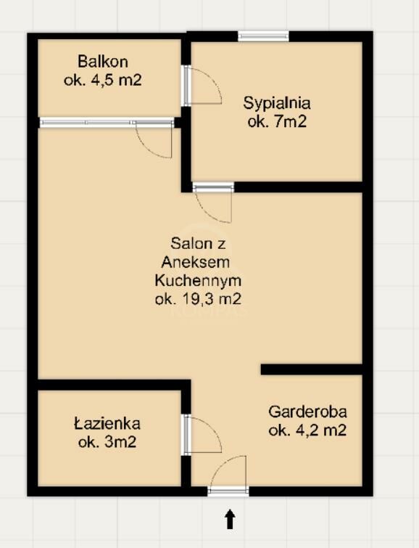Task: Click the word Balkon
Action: [x=103, y=62]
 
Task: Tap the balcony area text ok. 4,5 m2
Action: [x=103, y=81]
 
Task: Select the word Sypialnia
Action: [x=277, y=104]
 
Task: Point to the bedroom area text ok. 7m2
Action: [x=277, y=122]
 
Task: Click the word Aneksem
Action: [x=196, y=262]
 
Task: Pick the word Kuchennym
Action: [x=198, y=281]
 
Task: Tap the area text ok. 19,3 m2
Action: [x=198, y=299]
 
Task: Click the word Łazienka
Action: [x=107, y=424]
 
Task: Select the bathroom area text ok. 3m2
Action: [x=107, y=443]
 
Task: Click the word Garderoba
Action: [x=307, y=412]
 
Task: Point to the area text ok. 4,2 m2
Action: [x=307, y=430]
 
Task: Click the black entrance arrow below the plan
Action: [x=229, y=519]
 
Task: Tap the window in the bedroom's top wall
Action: [x=264, y=36]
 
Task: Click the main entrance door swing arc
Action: [x=220, y=464]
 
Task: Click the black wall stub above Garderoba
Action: [x=312, y=369]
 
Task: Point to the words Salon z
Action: [x=198, y=243]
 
